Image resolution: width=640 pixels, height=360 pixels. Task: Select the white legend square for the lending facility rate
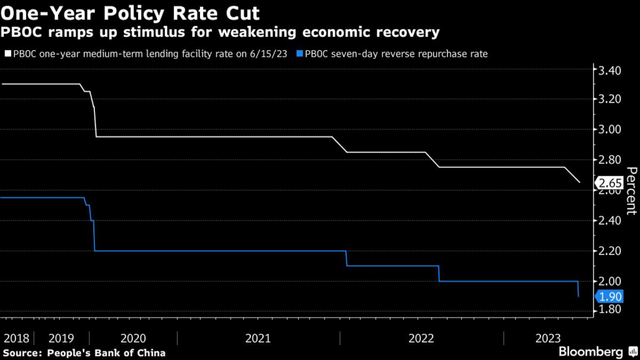(7, 54)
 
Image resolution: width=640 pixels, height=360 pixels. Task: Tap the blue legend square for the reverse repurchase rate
(299, 54)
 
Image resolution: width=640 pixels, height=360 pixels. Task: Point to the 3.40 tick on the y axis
(610, 71)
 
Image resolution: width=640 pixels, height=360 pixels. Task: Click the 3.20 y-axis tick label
(610, 99)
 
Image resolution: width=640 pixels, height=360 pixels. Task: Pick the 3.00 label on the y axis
(610, 129)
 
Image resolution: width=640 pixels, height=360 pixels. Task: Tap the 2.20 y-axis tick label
(610, 251)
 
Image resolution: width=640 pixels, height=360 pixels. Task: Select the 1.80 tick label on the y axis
(610, 310)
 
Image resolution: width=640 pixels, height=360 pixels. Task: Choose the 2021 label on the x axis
(257, 338)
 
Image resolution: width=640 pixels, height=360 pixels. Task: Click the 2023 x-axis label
(547, 338)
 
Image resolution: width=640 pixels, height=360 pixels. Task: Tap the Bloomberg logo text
(591, 352)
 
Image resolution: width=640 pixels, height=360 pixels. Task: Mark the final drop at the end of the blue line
(578, 289)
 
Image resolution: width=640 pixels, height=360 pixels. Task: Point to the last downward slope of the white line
(572, 175)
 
